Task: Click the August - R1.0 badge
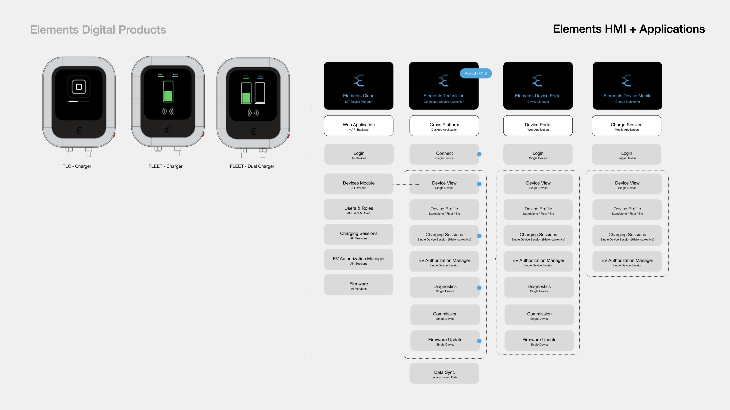click(x=475, y=73)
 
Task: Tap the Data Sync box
click(x=444, y=374)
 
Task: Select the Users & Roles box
click(x=359, y=209)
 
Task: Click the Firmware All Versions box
click(x=359, y=285)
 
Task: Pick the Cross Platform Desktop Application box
click(x=444, y=126)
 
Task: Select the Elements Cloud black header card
click(x=359, y=85)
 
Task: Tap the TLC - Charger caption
click(x=77, y=166)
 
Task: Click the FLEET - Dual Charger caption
click(x=252, y=166)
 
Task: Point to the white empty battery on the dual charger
click(x=260, y=93)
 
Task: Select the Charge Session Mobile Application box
click(x=626, y=126)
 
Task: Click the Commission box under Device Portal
click(x=539, y=315)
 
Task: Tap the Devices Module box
click(x=359, y=184)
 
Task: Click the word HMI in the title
click(x=615, y=29)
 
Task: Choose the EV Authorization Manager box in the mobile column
click(x=627, y=261)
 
